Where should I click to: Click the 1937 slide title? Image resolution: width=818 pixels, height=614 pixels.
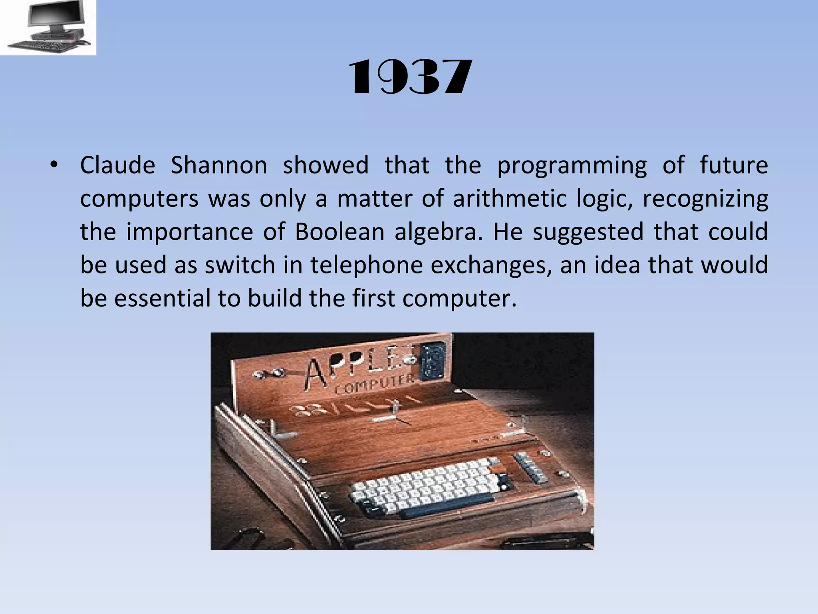(x=410, y=77)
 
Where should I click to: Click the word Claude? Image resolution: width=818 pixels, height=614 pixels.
(x=117, y=165)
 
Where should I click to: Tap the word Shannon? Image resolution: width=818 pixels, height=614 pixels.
(x=219, y=165)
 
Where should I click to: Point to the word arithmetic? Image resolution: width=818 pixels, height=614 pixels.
(x=510, y=199)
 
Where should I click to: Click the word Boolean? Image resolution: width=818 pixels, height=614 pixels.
(x=340, y=232)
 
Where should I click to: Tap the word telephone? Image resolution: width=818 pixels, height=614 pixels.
(x=366, y=265)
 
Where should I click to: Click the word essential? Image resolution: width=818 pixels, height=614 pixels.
(x=160, y=299)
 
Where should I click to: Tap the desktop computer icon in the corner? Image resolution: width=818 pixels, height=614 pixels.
(x=48, y=27)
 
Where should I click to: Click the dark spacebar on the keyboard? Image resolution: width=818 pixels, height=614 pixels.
(x=447, y=505)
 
